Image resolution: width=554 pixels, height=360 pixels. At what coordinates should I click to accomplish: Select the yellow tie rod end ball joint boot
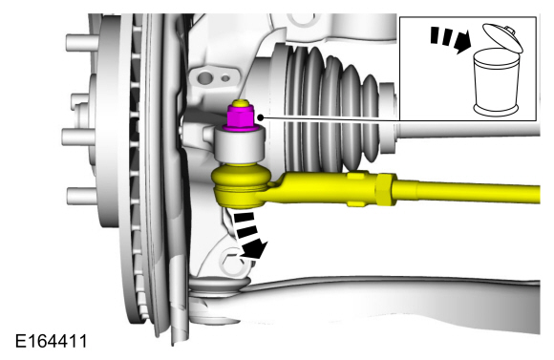(x=242, y=185)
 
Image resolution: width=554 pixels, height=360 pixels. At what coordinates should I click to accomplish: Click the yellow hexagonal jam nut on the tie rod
(x=387, y=189)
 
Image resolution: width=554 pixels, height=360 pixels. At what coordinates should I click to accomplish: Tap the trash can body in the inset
(x=497, y=82)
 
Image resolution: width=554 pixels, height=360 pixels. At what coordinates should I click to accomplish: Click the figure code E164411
(x=52, y=341)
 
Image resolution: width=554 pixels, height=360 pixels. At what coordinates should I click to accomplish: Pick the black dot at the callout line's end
(x=261, y=117)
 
